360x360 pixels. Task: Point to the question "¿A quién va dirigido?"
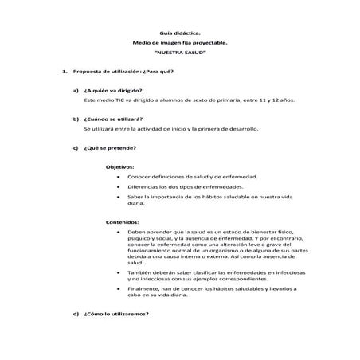tap(112, 92)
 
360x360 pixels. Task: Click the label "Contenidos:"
tap(123, 221)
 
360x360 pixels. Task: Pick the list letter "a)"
tap(75, 92)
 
